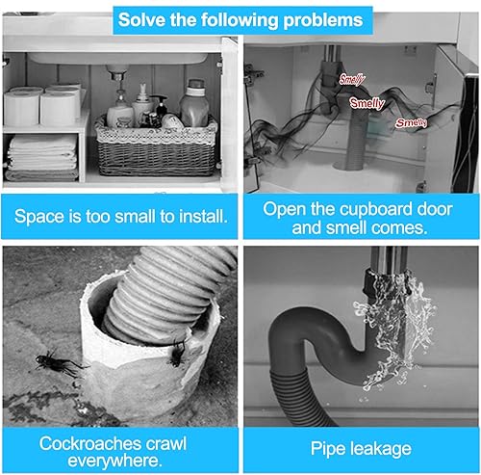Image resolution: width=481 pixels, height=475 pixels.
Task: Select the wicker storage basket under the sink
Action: click(x=157, y=147)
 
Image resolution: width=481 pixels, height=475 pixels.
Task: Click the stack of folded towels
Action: click(x=42, y=157)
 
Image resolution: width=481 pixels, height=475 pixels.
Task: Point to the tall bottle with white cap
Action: click(x=194, y=103)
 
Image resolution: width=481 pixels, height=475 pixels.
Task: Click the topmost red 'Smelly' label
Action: click(x=352, y=79)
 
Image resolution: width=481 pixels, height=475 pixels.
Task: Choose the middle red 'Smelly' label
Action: click(x=367, y=103)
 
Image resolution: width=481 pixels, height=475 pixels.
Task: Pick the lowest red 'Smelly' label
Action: click(x=412, y=122)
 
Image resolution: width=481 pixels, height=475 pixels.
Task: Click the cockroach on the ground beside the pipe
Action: click(x=60, y=363)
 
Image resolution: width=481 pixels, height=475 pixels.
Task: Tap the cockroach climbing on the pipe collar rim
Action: click(x=177, y=353)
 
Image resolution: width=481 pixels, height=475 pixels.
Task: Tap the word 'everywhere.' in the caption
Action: click(x=114, y=461)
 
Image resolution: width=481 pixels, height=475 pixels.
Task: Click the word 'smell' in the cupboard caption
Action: click(x=345, y=227)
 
